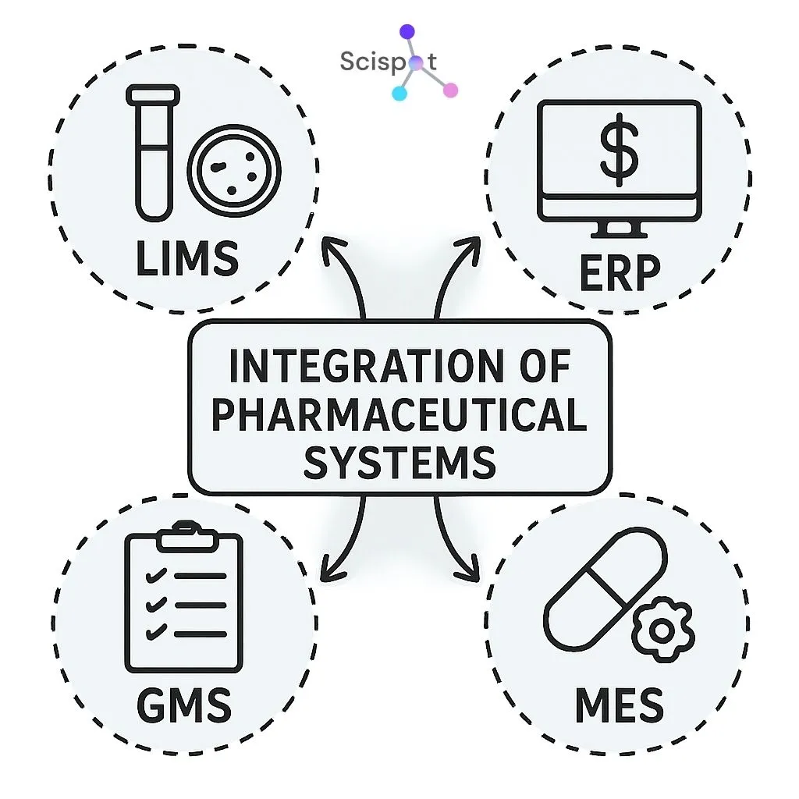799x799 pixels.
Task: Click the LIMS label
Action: click(x=186, y=258)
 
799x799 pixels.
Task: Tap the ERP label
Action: click(x=620, y=272)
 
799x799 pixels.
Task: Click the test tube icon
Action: click(x=151, y=152)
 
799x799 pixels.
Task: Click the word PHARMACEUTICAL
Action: click(x=399, y=414)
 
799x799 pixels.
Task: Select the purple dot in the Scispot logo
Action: click(x=407, y=32)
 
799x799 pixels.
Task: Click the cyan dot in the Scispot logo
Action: click(x=399, y=94)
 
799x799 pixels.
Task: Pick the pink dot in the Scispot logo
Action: click(x=449, y=90)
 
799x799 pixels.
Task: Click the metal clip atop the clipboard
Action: click(x=184, y=536)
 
